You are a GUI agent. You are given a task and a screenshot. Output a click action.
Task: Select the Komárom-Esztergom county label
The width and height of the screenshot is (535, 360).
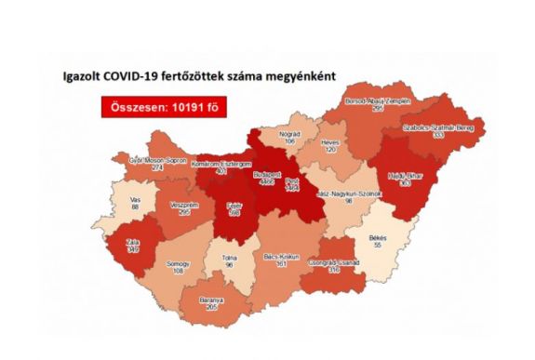coord(219,166)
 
